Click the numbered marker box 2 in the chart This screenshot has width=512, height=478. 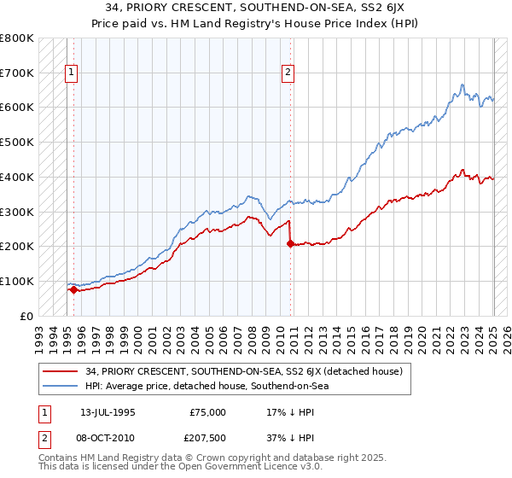[288, 73]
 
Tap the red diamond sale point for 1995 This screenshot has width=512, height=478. [73, 289]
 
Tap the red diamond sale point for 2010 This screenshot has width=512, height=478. [290, 243]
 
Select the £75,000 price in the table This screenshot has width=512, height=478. [207, 411]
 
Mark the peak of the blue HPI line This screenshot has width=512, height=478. [462, 85]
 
